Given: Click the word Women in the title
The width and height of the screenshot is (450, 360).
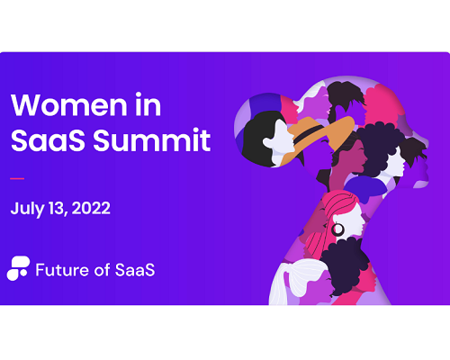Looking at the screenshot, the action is coord(69,104).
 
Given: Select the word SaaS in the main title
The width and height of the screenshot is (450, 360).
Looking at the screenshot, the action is coord(48,139).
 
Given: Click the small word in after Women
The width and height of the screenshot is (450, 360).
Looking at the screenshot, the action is coord(148,104).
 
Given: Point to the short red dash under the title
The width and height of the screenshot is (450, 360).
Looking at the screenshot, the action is coord(17,178).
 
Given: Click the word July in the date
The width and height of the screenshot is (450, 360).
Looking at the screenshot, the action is coord(27,209).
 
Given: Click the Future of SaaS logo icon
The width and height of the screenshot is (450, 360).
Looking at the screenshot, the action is coord(18,268).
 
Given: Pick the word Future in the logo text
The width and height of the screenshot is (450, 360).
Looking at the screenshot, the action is coord(62,270).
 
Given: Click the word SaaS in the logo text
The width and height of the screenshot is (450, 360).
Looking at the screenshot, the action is coord(135,270).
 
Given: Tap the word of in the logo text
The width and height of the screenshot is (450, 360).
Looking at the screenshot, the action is coord(102,269).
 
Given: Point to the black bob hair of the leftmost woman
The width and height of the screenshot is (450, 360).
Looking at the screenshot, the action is coord(258,138).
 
